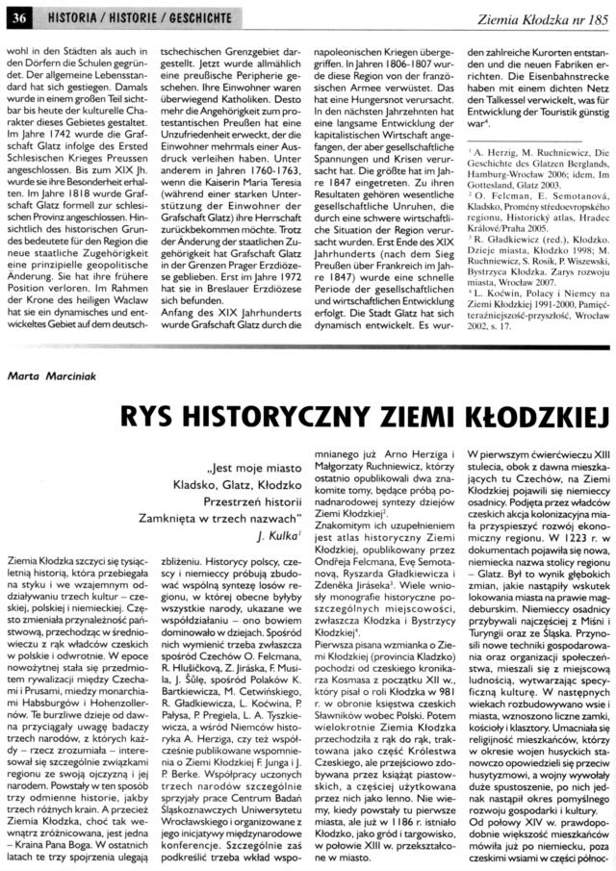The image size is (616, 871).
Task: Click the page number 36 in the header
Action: point(20,11)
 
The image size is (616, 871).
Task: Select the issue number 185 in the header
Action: point(595,11)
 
